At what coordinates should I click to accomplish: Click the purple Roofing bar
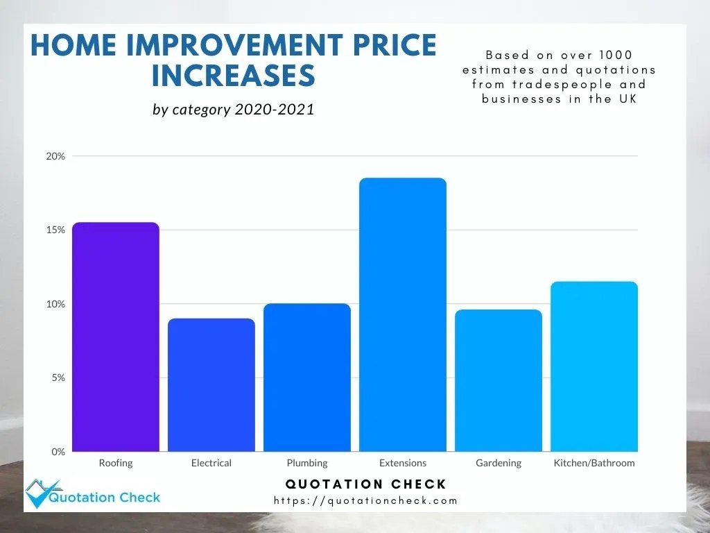coord(116,337)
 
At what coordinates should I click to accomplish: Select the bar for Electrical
coord(211,385)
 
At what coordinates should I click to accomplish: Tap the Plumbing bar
coord(307,378)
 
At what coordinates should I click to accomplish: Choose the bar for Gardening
coord(499,380)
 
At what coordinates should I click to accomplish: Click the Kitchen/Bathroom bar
coord(594,366)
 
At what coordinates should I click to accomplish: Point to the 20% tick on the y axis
coord(56,156)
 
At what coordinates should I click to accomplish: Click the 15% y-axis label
coord(56,230)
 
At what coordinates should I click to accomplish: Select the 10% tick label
coord(56,304)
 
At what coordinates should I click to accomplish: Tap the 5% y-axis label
coord(58,378)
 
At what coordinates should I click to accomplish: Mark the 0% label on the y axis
coord(58,452)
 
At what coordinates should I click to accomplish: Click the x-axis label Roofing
coord(116,463)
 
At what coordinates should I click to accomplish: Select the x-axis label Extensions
coord(403,463)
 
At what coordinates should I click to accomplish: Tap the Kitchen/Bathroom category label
coord(594,463)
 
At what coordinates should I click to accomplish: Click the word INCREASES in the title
coord(233,76)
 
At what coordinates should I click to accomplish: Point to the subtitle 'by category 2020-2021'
coord(234,110)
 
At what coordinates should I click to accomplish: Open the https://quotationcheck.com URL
coord(366,500)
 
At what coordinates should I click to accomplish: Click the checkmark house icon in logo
coord(41,493)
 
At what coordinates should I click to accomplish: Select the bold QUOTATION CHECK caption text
coord(366,484)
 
